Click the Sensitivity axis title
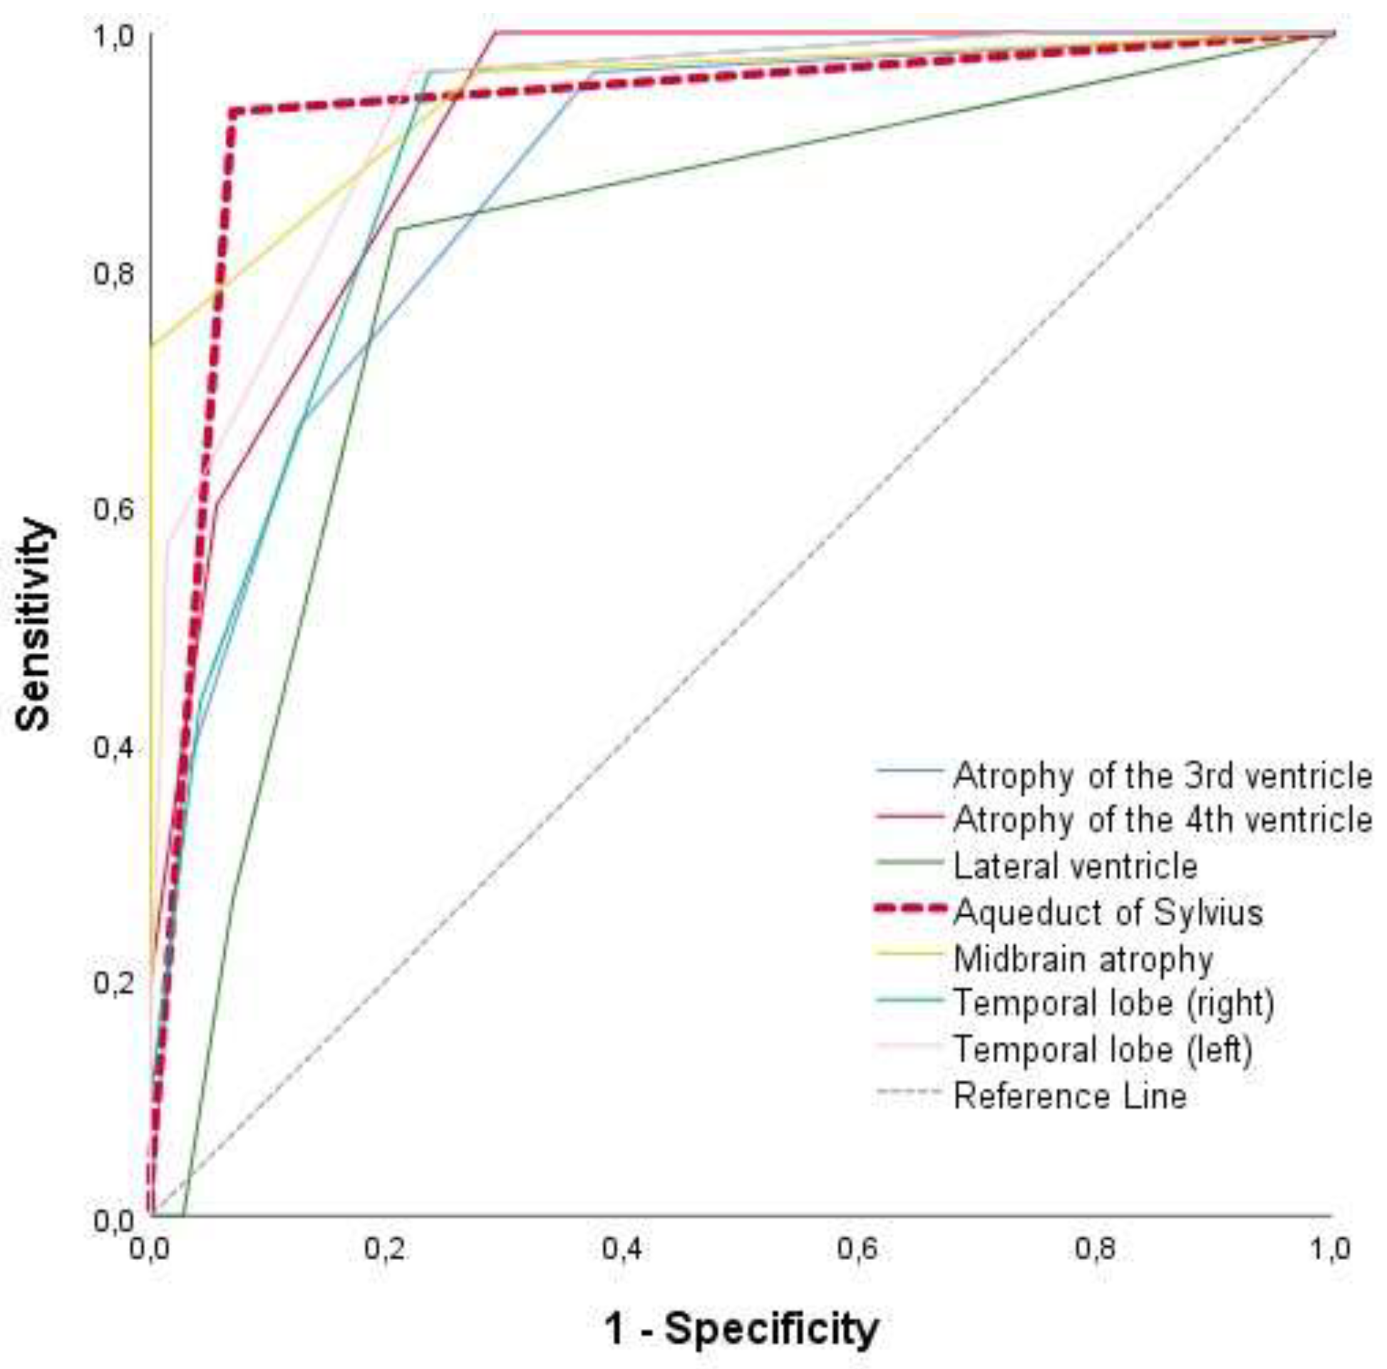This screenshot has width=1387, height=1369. pos(34,624)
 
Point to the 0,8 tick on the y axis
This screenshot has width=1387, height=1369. pos(114,274)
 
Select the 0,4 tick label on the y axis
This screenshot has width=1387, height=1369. pos(114,747)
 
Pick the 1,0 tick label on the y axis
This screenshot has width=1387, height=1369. pos(114,36)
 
